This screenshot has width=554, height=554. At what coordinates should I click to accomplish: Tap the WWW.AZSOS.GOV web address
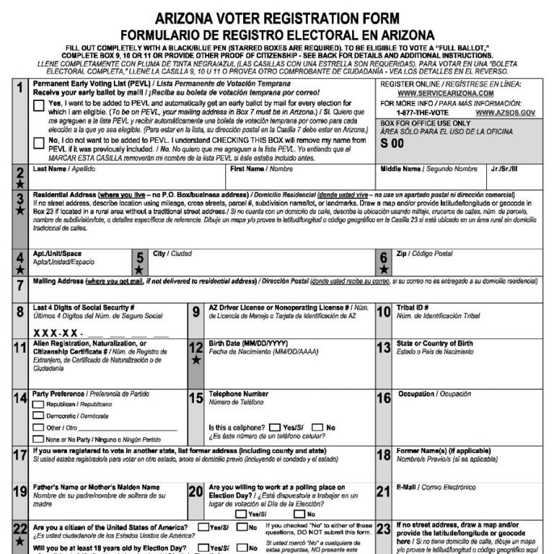pyautogui.click(x=505, y=113)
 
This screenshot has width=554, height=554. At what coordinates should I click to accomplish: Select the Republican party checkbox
pyautogui.click(x=39, y=405)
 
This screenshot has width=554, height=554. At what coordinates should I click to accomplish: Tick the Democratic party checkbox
pyautogui.click(x=39, y=416)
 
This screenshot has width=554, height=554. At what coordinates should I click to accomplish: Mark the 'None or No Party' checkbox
pyautogui.click(x=39, y=439)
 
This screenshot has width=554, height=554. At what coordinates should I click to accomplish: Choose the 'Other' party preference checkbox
pyautogui.click(x=39, y=428)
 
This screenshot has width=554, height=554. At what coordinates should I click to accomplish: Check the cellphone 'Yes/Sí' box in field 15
pyautogui.click(x=275, y=428)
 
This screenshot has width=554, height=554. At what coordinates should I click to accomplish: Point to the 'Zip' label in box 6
pyautogui.click(x=402, y=254)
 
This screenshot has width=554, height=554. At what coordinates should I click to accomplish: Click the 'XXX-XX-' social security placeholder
pyautogui.click(x=58, y=333)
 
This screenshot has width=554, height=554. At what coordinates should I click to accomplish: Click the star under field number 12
pyautogui.click(x=196, y=359)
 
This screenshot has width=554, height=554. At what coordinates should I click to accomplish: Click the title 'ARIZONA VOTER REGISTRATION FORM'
pyautogui.click(x=277, y=19)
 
